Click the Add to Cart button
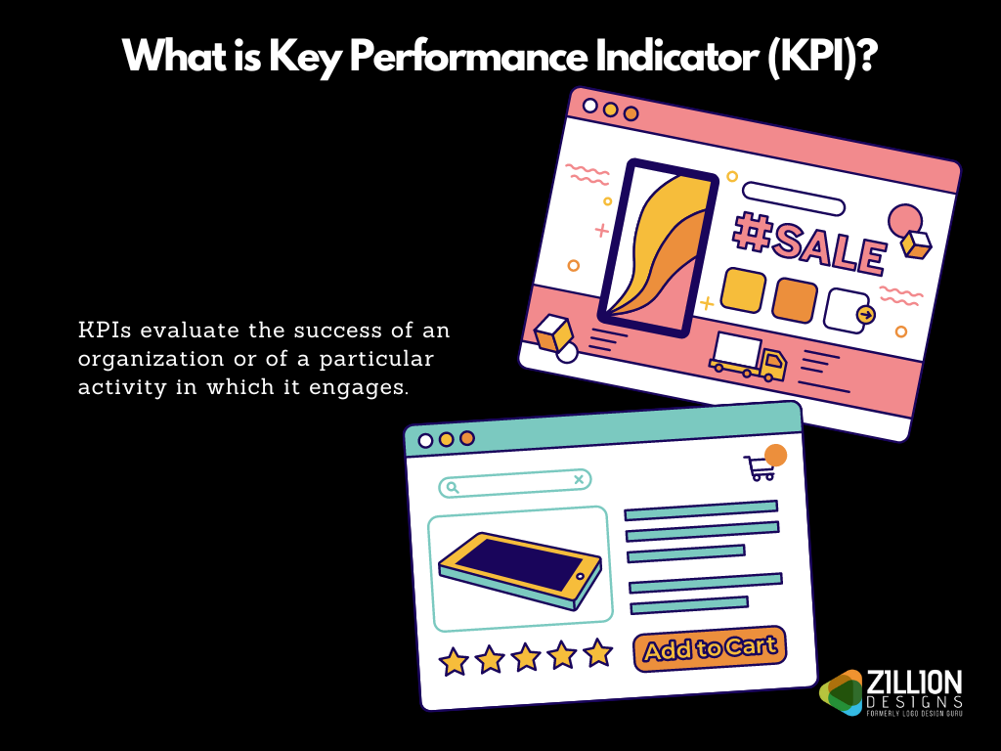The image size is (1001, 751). pos(710,648)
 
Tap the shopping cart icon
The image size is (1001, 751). pos(760,468)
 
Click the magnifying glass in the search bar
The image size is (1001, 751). pos(452,487)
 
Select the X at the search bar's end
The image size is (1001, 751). pos(579,479)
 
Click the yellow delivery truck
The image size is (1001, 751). pos(748,356)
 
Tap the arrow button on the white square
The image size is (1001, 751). pos(866,315)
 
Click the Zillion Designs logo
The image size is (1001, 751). pos(892,692)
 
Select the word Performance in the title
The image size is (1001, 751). pos(468,56)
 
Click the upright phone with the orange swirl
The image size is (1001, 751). pos(658,248)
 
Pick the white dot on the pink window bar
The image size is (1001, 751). pos(589,106)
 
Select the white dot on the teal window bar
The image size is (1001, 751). pos(425,441)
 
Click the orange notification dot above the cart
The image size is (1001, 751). pos(775,455)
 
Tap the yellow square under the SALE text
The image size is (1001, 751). pos(743,289)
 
